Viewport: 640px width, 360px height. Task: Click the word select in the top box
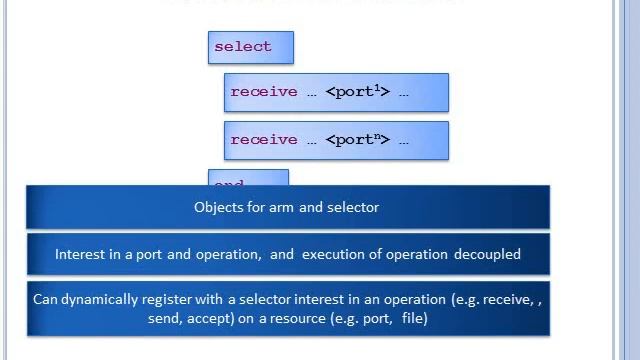click(242, 47)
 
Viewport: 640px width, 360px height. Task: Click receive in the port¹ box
click(264, 92)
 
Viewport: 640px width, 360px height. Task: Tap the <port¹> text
click(357, 92)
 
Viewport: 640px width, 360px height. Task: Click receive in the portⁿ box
click(264, 140)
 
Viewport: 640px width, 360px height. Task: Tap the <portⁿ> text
click(357, 140)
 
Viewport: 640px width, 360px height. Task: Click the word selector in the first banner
click(353, 207)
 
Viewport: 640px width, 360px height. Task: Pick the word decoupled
click(487, 254)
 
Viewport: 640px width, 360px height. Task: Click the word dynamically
click(101, 299)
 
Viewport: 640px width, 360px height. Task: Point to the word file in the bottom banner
click(414, 318)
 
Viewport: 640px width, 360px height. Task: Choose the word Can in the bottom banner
click(46, 299)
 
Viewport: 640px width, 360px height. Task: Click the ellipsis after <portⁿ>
click(403, 141)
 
